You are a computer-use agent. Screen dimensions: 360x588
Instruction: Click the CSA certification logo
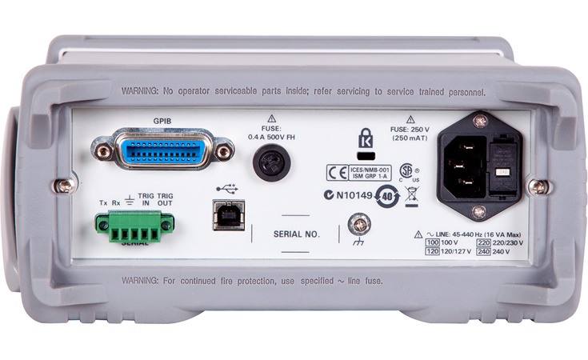pyautogui.click(x=407, y=170)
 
